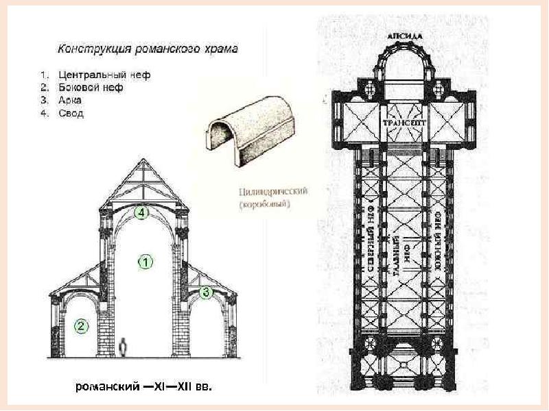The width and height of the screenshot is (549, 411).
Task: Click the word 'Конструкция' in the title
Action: tap(87, 49)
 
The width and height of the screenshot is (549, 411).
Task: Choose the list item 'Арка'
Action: tap(70, 100)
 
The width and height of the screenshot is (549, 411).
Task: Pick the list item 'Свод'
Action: tap(71, 113)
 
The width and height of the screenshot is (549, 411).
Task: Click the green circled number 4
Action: tap(141, 212)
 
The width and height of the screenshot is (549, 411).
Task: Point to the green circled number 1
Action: tap(145, 260)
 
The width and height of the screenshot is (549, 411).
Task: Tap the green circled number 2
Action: tap(81, 326)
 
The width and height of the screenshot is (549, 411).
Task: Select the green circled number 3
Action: tap(206, 292)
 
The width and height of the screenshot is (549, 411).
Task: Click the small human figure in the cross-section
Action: tap(124, 347)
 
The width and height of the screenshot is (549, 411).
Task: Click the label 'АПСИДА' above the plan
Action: tap(405, 34)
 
